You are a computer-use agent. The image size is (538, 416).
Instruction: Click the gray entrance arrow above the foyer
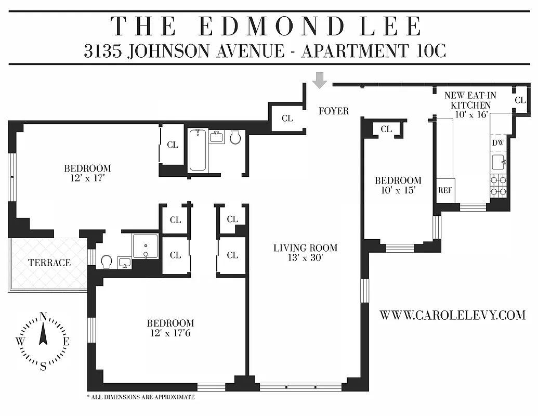(320, 80)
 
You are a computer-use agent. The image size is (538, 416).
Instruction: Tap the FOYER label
(333, 111)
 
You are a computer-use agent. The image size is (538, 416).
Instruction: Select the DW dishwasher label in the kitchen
(497, 142)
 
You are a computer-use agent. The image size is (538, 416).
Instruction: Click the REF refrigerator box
(445, 190)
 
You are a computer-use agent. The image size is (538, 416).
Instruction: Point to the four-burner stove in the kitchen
(498, 186)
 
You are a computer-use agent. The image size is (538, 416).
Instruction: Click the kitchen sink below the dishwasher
(498, 163)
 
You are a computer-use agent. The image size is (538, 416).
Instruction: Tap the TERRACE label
(49, 263)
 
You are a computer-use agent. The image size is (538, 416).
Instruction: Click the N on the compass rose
(44, 316)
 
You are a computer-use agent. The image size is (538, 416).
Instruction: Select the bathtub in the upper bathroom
(198, 150)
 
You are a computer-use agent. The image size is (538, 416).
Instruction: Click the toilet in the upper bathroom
(235, 137)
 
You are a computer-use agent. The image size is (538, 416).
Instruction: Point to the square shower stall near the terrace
(145, 245)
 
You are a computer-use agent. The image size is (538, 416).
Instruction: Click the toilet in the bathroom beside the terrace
(107, 261)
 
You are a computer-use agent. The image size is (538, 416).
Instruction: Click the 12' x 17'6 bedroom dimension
(170, 332)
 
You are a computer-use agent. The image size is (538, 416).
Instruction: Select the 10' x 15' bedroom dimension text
(398, 190)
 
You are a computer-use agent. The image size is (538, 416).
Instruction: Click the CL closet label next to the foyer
(287, 119)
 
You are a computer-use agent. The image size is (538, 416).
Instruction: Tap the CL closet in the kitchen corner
(520, 100)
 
